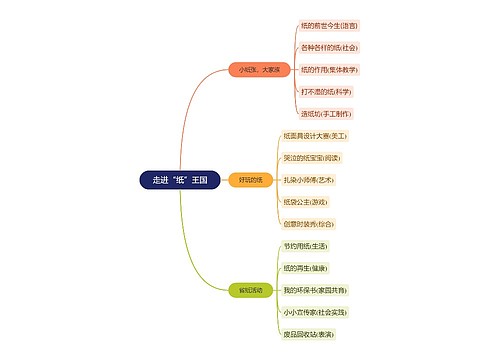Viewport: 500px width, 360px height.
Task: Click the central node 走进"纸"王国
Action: [x=180, y=180]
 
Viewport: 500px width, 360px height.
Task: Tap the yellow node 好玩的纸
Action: [x=250, y=180]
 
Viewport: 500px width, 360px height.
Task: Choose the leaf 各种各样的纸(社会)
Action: [x=329, y=47]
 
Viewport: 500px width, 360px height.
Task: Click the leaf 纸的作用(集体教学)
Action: [x=329, y=70]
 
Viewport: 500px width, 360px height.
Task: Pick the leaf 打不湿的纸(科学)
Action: [x=325, y=92]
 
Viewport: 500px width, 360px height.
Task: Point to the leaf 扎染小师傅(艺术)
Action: [x=310, y=180]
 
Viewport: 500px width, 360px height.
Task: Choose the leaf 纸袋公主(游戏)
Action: [x=307, y=202]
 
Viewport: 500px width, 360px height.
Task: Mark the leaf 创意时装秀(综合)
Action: [x=309, y=224]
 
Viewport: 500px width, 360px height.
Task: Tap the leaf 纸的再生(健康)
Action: [x=305, y=268]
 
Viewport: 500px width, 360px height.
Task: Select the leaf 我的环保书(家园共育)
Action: [x=315, y=290]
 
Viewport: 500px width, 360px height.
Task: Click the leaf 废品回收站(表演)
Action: [x=312, y=334]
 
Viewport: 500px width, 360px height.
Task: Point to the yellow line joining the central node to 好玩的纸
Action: [x=226, y=180]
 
